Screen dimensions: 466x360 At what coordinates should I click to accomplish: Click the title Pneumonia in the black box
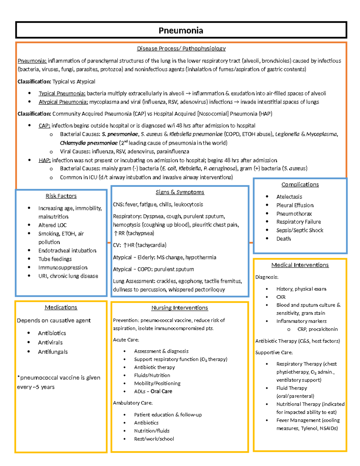(181, 31)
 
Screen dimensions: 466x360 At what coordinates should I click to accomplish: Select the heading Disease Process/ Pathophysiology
(181, 49)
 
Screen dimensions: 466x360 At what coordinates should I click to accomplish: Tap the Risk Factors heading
(61, 196)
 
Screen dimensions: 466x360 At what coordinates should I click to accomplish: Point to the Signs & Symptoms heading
(180, 192)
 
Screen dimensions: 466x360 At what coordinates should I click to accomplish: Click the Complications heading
(300, 185)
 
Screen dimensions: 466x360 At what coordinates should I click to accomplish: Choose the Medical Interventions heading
(300, 265)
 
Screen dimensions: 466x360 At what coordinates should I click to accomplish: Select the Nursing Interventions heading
(179, 308)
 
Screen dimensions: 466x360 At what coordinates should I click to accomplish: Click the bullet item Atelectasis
(289, 197)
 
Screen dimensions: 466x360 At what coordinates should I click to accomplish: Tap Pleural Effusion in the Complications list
(295, 205)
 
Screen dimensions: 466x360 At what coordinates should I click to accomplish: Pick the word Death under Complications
(283, 239)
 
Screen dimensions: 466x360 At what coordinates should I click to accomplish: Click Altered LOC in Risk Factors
(52, 225)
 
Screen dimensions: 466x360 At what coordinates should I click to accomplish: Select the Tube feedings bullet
(55, 259)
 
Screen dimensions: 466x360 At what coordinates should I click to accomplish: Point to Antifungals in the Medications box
(53, 352)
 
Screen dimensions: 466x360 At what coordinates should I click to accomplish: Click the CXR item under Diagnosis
(281, 297)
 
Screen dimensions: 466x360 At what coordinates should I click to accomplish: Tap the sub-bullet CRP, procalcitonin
(317, 329)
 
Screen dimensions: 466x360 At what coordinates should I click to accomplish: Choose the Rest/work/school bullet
(154, 439)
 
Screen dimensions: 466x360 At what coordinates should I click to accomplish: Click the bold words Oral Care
(161, 391)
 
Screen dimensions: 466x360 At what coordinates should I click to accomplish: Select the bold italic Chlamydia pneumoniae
(88, 143)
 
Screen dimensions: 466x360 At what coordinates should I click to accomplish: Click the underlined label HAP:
(44, 160)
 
